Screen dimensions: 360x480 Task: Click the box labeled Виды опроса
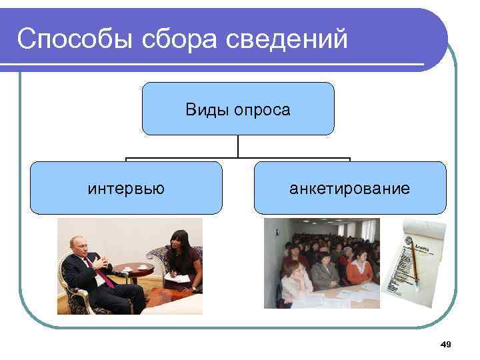pos(237,109)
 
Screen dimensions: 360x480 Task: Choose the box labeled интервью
pos(126,189)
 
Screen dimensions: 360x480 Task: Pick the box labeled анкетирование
pos(349,189)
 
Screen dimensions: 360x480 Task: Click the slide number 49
pos(446,344)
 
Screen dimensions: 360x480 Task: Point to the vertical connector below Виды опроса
pos(238,147)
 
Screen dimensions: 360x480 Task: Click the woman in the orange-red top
pos(359,269)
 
